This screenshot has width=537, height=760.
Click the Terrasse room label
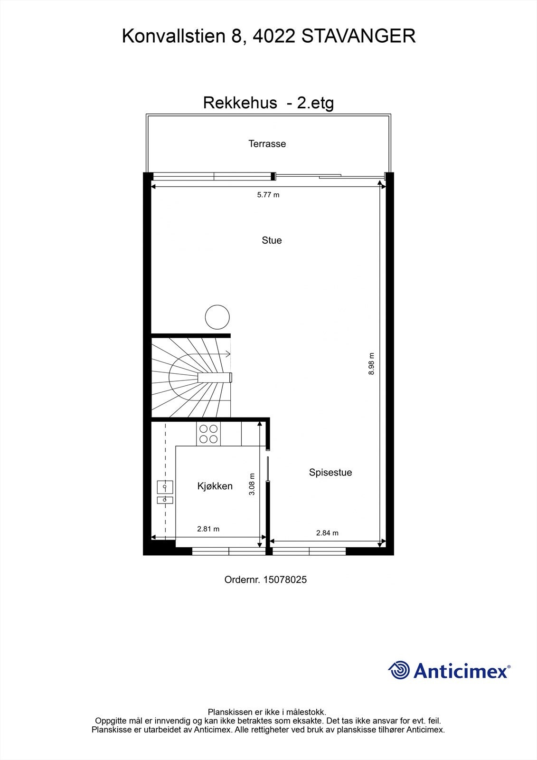click(x=267, y=143)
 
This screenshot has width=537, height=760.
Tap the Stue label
click(x=272, y=240)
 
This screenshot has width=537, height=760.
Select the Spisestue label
click(x=330, y=472)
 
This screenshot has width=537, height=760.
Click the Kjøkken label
click(x=215, y=486)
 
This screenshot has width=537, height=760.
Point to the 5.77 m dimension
click(x=268, y=195)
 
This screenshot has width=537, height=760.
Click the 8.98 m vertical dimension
click(x=371, y=363)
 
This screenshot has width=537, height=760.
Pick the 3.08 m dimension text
click(x=252, y=484)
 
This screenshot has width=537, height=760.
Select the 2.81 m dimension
click(x=208, y=529)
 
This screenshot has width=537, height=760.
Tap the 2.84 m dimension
click(x=327, y=533)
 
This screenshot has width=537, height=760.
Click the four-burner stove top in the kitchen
click(x=208, y=433)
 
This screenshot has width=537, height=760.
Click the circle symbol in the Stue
click(x=217, y=317)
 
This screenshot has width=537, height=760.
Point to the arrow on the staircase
click(x=227, y=353)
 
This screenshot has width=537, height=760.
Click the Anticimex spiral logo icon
click(x=399, y=670)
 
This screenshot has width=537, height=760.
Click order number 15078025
click(x=284, y=579)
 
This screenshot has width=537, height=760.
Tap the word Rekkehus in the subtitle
click(x=240, y=103)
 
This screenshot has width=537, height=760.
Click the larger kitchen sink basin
click(x=165, y=487)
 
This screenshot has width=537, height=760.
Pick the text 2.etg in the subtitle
click(x=315, y=103)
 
